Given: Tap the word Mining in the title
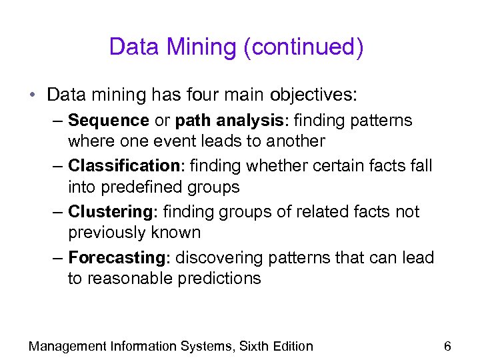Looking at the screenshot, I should point(204,47).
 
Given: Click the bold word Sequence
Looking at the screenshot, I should point(108,121).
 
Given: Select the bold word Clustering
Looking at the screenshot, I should point(111,212).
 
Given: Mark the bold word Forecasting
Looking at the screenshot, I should point(116,257).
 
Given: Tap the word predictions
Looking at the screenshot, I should point(220,278).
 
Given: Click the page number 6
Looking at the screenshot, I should point(447,346).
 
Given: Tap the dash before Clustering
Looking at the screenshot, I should point(57,212).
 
